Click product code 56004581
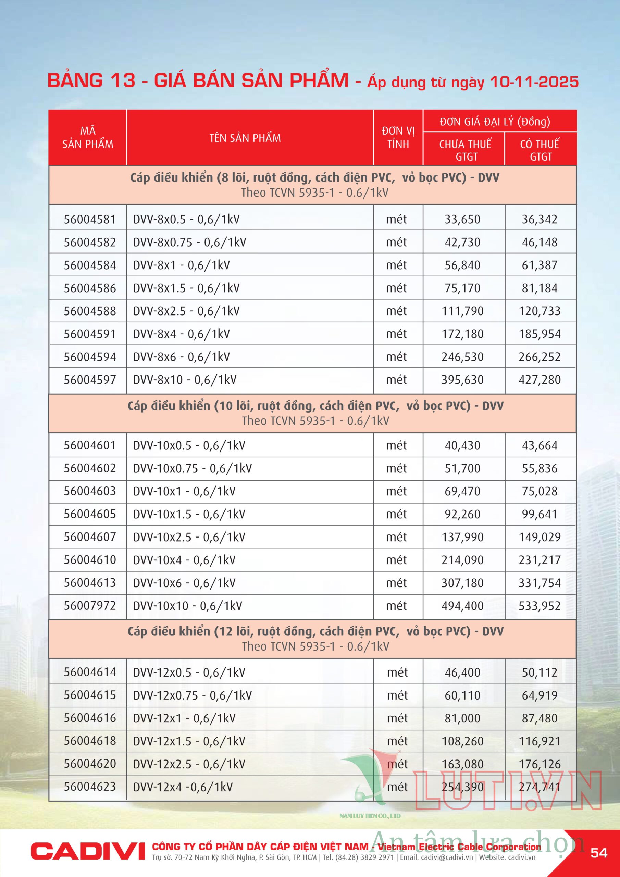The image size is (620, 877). (x=89, y=219)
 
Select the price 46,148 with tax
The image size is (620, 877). (x=540, y=242)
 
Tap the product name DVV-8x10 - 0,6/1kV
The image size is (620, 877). (x=185, y=380)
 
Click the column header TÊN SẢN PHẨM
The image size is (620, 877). (x=245, y=138)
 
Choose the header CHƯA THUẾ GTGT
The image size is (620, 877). (x=465, y=150)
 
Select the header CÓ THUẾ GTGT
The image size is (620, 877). (x=540, y=150)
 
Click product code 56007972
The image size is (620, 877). (x=89, y=605)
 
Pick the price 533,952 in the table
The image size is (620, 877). (x=540, y=605)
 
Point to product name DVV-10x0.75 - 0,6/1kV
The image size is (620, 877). (x=192, y=468)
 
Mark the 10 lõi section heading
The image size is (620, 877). (x=315, y=406)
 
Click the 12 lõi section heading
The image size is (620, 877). (x=315, y=631)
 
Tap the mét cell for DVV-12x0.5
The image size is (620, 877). (x=397, y=672)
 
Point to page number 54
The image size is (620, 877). (x=599, y=853)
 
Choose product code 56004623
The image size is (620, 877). (x=89, y=787)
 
